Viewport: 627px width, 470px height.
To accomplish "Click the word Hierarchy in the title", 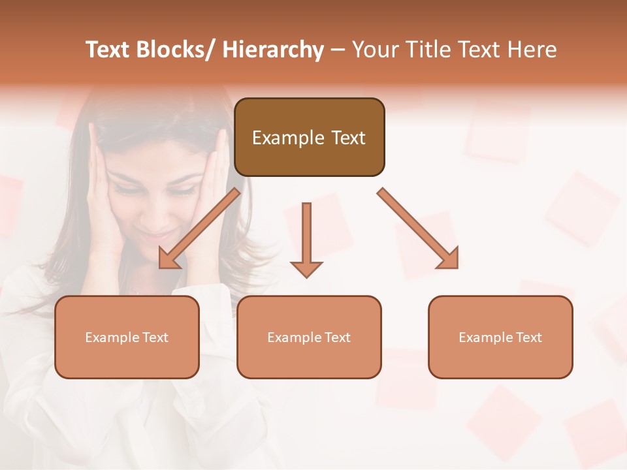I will pyautogui.click(x=272, y=50).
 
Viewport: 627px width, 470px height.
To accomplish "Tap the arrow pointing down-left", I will pyautogui.click(x=199, y=228).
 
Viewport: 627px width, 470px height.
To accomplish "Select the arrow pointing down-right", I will pyautogui.click(x=418, y=228).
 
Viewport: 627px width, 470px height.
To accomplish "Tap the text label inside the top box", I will pyautogui.click(x=309, y=138).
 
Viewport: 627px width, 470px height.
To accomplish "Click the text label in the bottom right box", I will pyautogui.click(x=500, y=337).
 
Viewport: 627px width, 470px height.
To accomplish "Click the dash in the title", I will pyautogui.click(x=338, y=50).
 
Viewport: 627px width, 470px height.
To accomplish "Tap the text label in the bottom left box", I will pyautogui.click(x=127, y=337).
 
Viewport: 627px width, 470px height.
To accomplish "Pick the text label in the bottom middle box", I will pyautogui.click(x=309, y=337).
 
